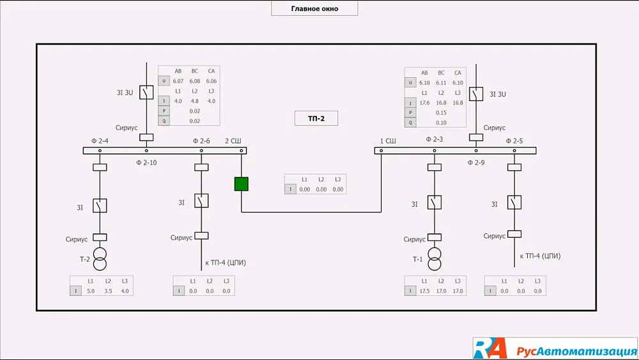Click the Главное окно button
click(x=314, y=8)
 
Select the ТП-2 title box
click(x=315, y=118)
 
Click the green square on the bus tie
click(x=241, y=184)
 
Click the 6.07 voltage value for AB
click(x=178, y=81)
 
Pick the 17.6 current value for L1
click(x=424, y=102)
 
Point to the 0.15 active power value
click(x=441, y=113)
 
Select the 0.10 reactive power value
click(x=441, y=122)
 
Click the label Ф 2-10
click(x=146, y=163)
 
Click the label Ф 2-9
click(x=476, y=163)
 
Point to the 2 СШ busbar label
click(x=233, y=141)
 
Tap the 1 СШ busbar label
click(x=388, y=141)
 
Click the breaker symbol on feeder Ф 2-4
click(x=100, y=205)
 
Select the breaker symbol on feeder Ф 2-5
click(x=515, y=203)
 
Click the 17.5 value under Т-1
click(x=424, y=291)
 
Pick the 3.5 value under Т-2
click(x=107, y=291)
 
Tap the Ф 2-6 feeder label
click(x=201, y=141)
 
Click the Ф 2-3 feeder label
click(x=435, y=139)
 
